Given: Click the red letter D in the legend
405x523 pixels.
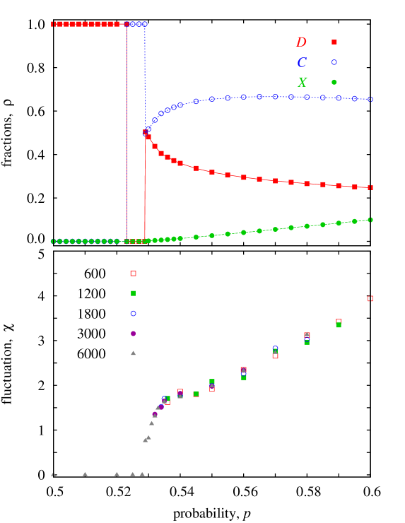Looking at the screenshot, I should pyautogui.click(x=301, y=42).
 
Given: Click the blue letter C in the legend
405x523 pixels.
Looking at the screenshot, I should pyautogui.click(x=302, y=62).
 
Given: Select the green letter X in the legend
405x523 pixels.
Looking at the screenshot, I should pyautogui.click(x=303, y=83).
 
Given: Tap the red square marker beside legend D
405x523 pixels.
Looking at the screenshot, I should pyautogui.click(x=334, y=42).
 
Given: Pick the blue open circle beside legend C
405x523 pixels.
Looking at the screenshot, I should pyautogui.click(x=334, y=62).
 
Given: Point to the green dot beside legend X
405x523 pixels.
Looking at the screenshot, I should pyautogui.click(x=334, y=82).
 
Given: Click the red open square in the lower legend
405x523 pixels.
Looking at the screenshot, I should pyautogui.click(x=133, y=274).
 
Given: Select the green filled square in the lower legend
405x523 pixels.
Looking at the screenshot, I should pyautogui.click(x=133, y=293).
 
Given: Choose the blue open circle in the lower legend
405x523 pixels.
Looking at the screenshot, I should pyautogui.click(x=133, y=313).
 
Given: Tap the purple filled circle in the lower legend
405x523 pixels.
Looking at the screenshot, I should pyautogui.click(x=133, y=334).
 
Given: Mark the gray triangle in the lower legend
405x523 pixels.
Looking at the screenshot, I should pyautogui.click(x=133, y=353).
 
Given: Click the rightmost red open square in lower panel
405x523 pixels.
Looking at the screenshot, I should pyautogui.click(x=370, y=298).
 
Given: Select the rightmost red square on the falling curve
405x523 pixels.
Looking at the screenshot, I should pyautogui.click(x=370, y=188).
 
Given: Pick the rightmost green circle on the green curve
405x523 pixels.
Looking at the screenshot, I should pyautogui.click(x=370, y=220).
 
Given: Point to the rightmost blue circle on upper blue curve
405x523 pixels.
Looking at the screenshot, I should pyautogui.click(x=370, y=100).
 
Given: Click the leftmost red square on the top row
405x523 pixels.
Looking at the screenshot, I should pyautogui.click(x=53, y=24).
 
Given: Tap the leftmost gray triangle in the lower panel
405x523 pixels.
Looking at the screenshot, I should pyautogui.click(x=53, y=474).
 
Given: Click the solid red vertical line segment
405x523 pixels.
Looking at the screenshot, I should pyautogui.click(x=145, y=205).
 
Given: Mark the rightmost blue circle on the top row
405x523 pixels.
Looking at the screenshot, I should pyautogui.click(x=145, y=24).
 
